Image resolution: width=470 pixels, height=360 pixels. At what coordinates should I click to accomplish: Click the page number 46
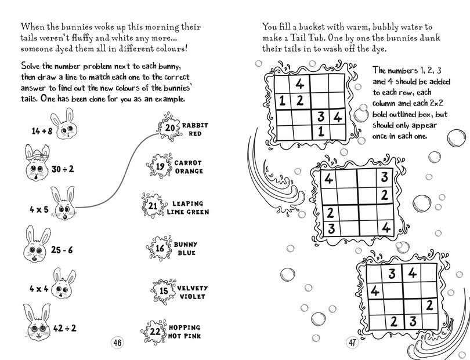coord(117,342)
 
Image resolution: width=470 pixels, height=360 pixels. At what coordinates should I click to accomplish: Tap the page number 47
coord(353,342)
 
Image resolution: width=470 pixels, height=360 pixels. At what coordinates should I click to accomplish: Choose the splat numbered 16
coord(160,249)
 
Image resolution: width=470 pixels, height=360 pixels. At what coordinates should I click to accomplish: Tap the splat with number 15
coord(163,291)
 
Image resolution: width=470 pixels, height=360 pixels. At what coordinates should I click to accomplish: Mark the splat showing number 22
coord(154,332)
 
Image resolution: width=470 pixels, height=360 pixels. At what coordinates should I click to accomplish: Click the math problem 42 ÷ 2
coord(64,328)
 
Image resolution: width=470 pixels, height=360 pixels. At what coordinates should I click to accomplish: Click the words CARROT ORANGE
coord(189,167)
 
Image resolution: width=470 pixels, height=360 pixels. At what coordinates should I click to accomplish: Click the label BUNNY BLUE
coord(185,249)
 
